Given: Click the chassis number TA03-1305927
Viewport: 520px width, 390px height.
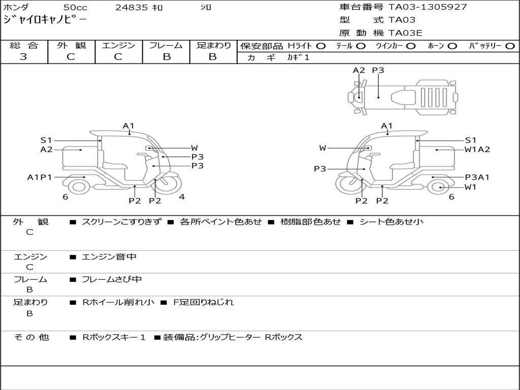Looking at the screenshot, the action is point(428,7).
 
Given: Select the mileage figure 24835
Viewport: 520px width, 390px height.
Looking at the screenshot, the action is point(131,7).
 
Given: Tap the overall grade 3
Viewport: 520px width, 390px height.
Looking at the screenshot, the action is point(23,57).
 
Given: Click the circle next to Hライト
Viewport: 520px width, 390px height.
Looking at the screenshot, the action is point(321,46).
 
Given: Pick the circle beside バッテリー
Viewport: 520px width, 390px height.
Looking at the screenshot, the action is point(510,46).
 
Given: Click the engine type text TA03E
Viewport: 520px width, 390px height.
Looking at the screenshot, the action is point(405,33).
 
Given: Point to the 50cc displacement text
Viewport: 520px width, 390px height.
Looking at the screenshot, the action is point(76,7).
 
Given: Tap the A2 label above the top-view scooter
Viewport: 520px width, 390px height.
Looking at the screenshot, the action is point(359,70).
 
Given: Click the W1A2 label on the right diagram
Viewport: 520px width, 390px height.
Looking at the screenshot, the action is point(477,150).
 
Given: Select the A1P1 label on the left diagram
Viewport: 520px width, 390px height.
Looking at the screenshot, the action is point(40,177).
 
